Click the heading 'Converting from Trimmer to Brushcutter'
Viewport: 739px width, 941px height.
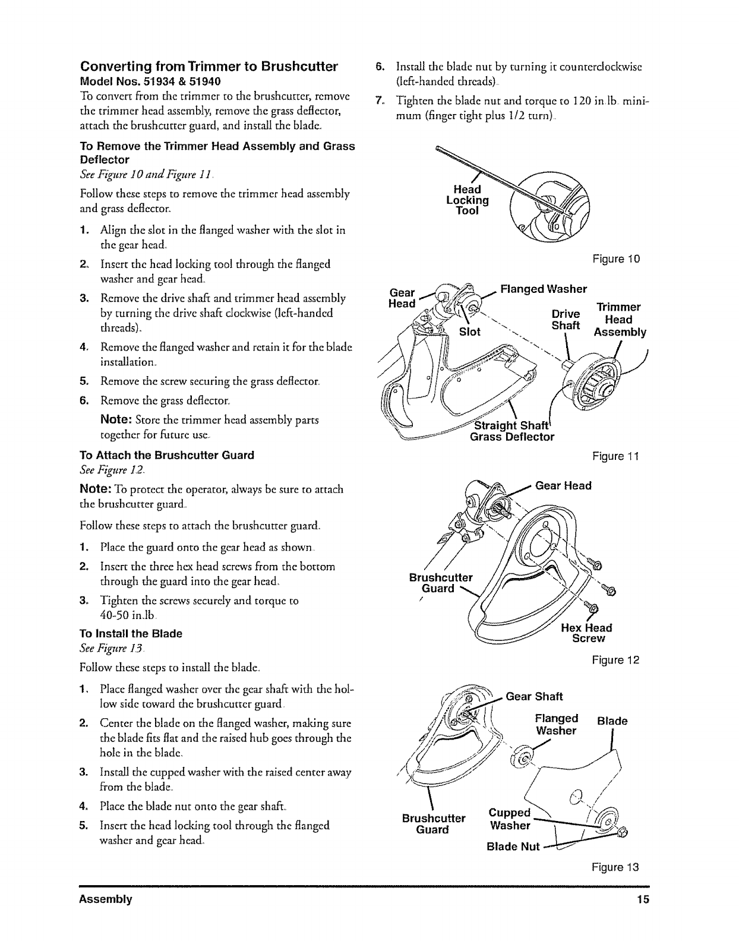(x=209, y=66)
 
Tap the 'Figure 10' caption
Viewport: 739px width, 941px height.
(x=616, y=260)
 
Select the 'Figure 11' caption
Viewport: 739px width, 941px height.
(x=616, y=456)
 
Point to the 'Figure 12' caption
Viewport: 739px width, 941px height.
(x=616, y=660)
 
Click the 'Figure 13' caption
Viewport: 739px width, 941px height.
(x=616, y=867)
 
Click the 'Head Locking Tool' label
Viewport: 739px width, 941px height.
(x=467, y=200)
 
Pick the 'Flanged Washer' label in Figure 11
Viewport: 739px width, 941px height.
(x=544, y=289)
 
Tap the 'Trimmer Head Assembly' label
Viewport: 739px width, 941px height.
(x=618, y=320)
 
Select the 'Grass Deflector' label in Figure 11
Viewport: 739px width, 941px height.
(x=512, y=437)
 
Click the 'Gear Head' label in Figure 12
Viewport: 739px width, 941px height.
(x=563, y=485)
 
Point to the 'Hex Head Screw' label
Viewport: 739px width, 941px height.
(x=587, y=633)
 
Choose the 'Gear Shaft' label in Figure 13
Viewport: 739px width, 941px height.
(x=534, y=696)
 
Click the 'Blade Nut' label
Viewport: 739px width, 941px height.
(x=513, y=847)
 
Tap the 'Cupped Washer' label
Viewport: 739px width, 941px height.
(x=509, y=819)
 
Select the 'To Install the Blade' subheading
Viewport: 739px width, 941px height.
(x=131, y=633)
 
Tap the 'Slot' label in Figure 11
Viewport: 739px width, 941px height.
(x=470, y=331)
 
